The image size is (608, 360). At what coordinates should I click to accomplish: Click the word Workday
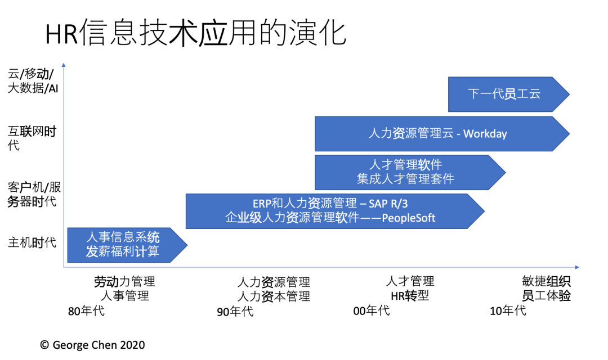point(485,134)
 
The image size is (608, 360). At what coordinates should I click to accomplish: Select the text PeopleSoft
point(409,218)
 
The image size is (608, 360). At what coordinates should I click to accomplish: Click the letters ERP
point(262,203)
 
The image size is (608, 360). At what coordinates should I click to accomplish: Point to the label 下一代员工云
point(504,94)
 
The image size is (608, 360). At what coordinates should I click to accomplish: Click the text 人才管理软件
point(405,165)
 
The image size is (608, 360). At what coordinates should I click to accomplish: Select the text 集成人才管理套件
point(405,179)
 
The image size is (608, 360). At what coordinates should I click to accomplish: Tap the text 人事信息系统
point(123,237)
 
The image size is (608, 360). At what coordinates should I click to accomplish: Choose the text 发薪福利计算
point(123,251)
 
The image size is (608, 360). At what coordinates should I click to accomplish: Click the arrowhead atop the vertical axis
point(64,64)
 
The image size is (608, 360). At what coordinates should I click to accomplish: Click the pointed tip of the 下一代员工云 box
point(569,94)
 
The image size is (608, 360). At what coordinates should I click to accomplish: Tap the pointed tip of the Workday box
point(569,134)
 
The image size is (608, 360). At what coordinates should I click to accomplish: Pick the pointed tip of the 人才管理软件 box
point(506,172)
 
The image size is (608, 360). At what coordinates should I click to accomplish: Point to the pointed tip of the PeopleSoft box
point(484,211)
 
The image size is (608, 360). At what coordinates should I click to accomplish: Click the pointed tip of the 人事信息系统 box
point(187,245)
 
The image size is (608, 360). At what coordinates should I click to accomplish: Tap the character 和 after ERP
point(278,203)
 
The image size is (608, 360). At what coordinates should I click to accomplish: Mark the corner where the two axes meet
point(64,267)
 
